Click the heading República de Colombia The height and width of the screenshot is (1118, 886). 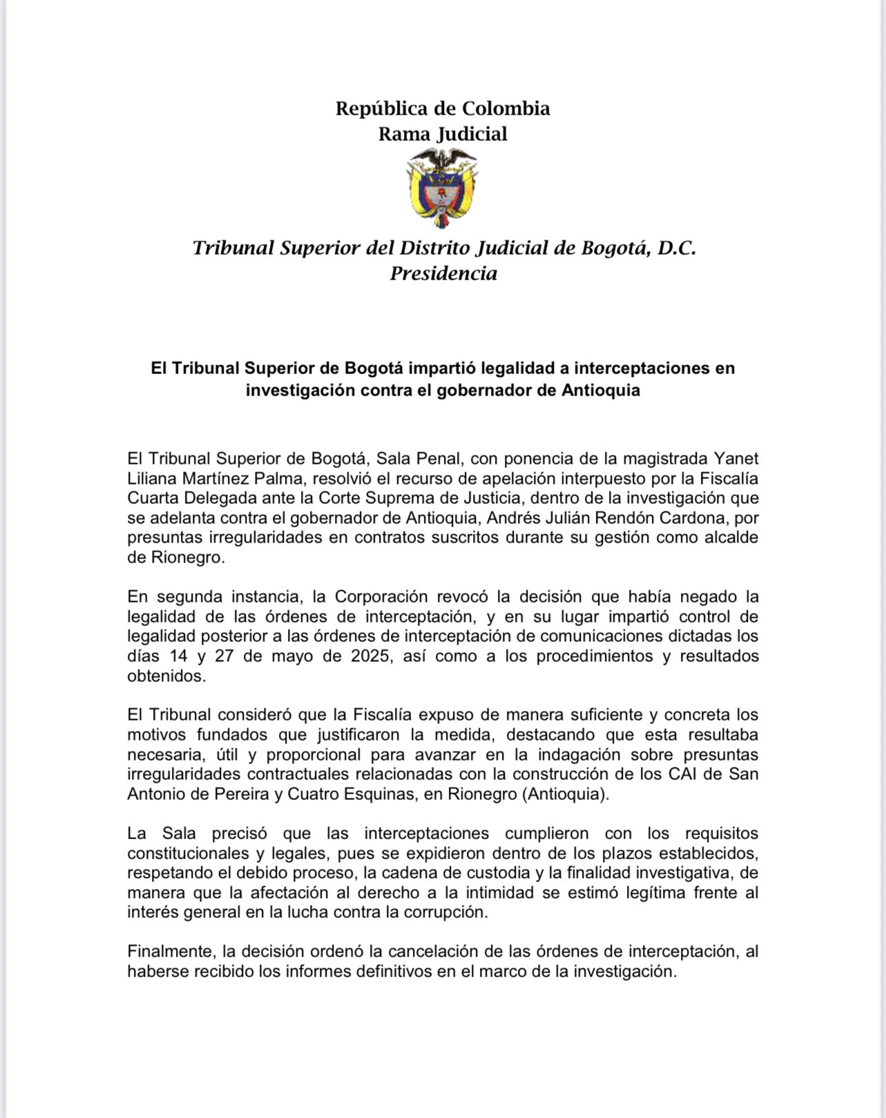(x=443, y=108)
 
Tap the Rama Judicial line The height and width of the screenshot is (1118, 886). (x=443, y=134)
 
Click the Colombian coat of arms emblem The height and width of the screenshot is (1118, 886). (x=442, y=188)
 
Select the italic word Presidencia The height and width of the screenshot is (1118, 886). (x=443, y=273)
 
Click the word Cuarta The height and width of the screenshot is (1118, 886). (x=148, y=498)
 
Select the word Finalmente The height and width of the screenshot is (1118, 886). (x=170, y=952)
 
